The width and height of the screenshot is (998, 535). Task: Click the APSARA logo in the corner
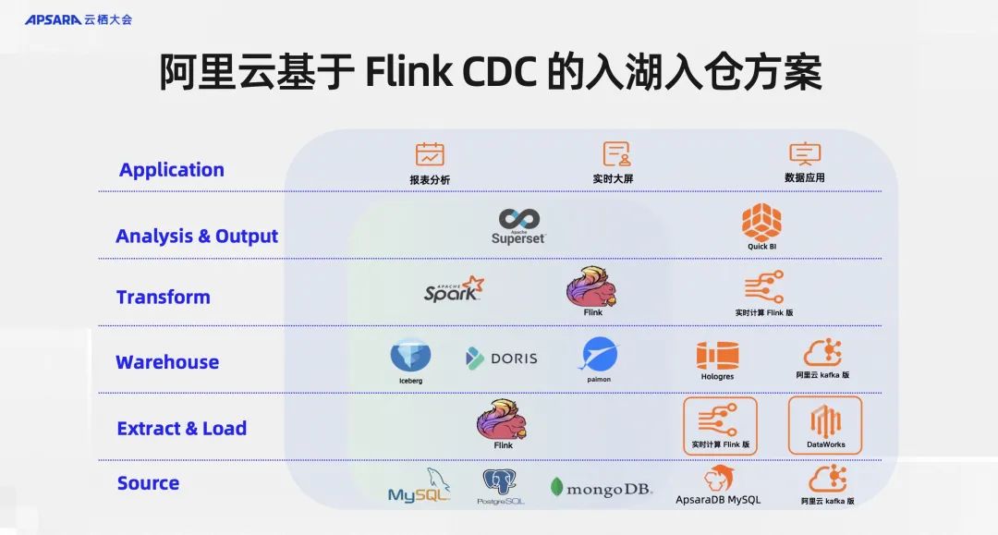click(78, 18)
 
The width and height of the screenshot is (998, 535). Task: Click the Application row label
click(171, 170)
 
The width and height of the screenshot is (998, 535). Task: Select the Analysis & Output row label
click(197, 237)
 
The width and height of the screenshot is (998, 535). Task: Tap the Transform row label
click(163, 298)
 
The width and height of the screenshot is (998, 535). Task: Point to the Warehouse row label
click(167, 362)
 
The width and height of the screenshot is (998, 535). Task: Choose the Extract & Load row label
click(181, 429)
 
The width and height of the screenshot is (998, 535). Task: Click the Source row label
click(148, 483)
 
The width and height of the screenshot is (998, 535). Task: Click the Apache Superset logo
click(518, 226)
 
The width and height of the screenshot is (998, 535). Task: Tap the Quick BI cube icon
click(761, 222)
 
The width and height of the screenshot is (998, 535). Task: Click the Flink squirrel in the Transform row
click(591, 286)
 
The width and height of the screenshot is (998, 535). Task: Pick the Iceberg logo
click(410, 356)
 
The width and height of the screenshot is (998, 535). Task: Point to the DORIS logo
click(502, 359)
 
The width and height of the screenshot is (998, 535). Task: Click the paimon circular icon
click(599, 355)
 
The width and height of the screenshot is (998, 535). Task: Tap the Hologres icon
click(717, 356)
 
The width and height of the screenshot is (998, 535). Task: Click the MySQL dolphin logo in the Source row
click(420, 486)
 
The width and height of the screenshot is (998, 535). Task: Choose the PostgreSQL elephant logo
click(500, 482)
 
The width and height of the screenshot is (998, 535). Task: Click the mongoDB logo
click(602, 488)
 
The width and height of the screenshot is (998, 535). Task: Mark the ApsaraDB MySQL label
click(718, 500)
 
